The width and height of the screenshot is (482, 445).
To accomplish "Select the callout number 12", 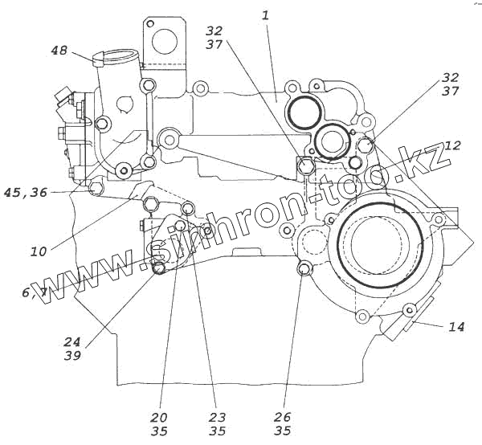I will tap(452, 146).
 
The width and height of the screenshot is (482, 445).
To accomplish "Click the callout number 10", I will tap(39, 251).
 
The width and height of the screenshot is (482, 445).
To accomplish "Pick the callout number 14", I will tap(456, 327).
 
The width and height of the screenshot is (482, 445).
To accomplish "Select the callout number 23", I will tap(217, 418).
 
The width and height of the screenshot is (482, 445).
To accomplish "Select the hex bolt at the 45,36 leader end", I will tap(96, 189).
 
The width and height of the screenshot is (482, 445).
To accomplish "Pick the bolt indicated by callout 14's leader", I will tap(410, 310).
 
